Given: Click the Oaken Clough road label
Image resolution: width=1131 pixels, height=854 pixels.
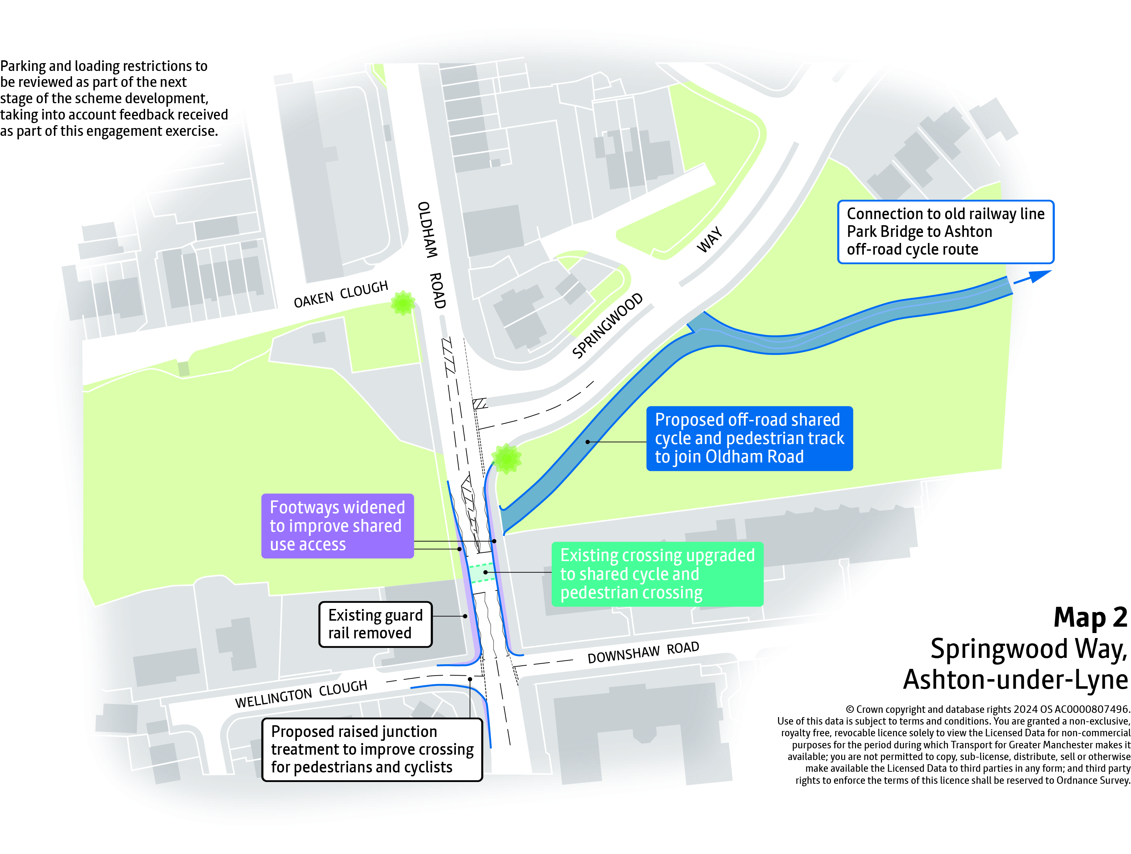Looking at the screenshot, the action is pos(341,294).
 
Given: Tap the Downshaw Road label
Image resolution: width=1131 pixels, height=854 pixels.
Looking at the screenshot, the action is pos(643,652).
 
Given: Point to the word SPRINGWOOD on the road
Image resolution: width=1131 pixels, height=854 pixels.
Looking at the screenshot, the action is pos(607,326).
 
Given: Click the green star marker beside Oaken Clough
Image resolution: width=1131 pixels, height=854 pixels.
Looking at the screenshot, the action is pos(403,303).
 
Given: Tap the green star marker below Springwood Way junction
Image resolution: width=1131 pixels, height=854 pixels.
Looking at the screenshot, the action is pos(506,459).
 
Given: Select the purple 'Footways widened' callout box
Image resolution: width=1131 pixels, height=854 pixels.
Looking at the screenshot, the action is pos(337,525).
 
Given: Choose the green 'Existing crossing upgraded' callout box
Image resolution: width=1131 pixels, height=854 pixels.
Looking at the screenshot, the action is pos(657,574).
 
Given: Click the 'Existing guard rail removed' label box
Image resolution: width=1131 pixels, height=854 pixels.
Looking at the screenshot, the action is pos(375,624).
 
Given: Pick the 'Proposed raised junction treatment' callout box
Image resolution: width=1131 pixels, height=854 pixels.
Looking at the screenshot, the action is pos(372,749).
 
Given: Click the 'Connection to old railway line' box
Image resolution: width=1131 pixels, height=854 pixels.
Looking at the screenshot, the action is pos(945,232).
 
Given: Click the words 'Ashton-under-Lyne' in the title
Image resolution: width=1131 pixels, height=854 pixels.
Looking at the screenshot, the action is pos(1015,680).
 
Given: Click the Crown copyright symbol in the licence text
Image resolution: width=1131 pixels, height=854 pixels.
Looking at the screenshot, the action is pos(850,709).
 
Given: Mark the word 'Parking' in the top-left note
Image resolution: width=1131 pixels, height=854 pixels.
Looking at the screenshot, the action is pos(23,66).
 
